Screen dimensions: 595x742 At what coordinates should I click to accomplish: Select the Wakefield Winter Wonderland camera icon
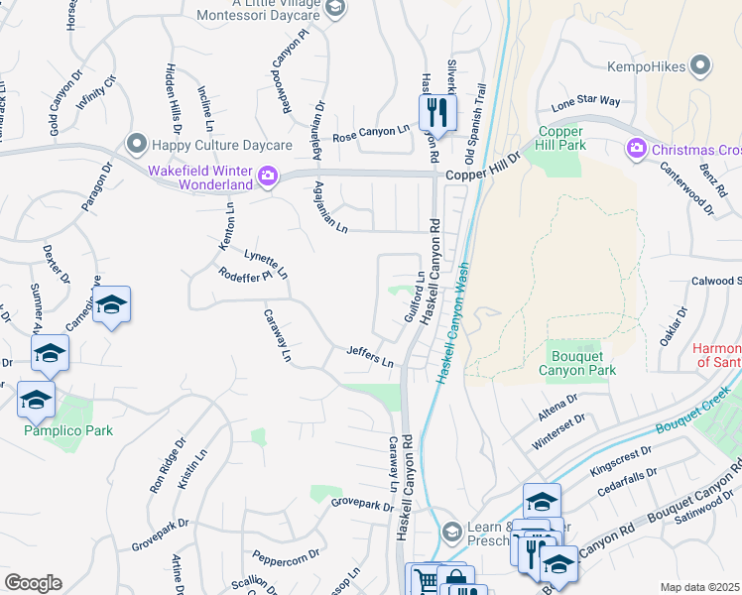click(x=267, y=177)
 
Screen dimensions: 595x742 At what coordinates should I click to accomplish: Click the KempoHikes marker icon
click(x=700, y=67)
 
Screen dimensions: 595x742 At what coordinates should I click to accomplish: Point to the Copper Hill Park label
click(x=561, y=138)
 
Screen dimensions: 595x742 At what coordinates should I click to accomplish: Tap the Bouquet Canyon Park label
click(x=576, y=363)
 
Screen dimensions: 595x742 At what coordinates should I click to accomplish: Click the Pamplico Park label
click(x=69, y=430)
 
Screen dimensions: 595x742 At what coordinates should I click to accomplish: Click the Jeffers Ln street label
click(x=370, y=357)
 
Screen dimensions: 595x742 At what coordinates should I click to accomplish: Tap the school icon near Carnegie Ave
click(x=111, y=306)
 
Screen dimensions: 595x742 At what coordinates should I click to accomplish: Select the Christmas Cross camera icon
click(x=635, y=149)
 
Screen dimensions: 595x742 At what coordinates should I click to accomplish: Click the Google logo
click(x=33, y=583)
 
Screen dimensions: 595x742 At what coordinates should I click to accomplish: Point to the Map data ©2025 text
click(x=699, y=587)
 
